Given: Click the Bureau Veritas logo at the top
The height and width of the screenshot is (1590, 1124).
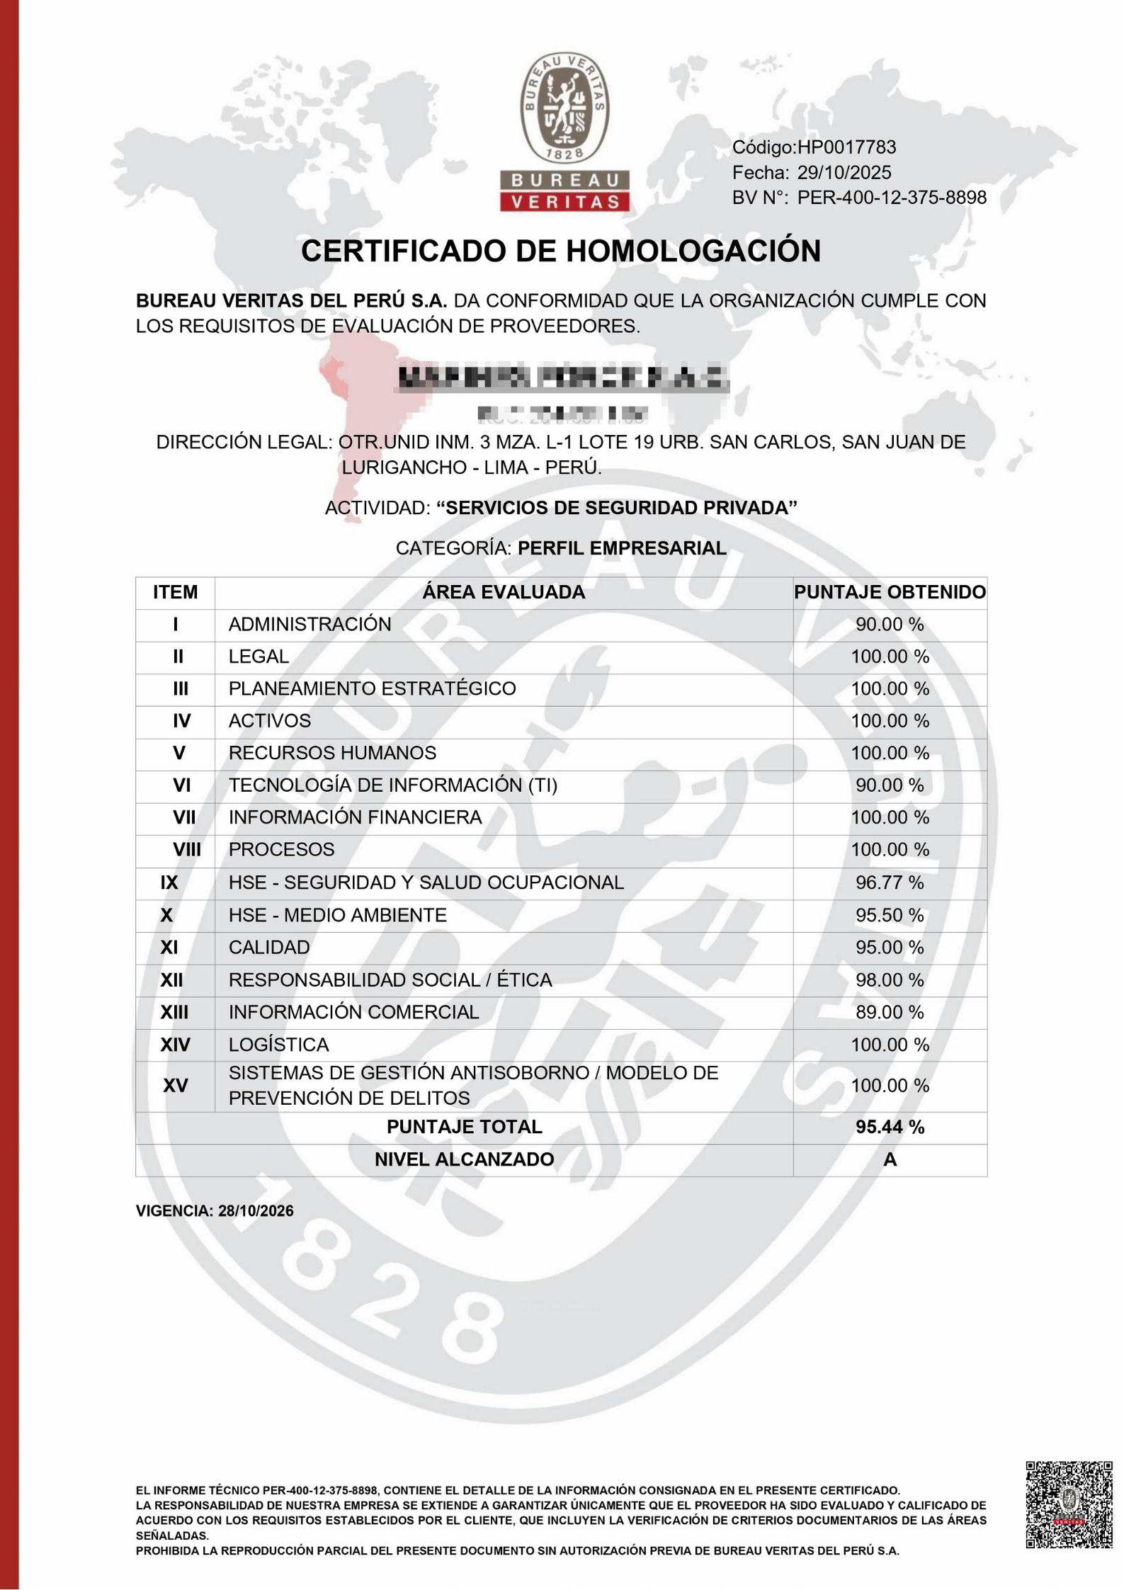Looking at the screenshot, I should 564,132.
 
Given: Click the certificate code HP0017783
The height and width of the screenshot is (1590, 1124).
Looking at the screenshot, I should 846,147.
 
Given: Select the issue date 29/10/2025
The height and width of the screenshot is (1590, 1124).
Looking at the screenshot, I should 844,173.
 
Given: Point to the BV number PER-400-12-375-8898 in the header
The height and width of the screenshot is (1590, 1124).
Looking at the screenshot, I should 892,198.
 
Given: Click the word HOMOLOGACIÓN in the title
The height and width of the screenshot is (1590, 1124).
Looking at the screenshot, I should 693,251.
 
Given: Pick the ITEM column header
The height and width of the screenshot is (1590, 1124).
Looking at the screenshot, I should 175,592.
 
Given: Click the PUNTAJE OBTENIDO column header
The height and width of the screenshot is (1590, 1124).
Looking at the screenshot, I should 890,592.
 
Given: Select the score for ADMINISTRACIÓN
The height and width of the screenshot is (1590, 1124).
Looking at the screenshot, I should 890,625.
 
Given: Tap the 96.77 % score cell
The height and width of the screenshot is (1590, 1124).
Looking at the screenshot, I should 890,882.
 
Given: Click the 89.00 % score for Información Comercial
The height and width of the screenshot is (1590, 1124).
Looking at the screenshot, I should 890,1012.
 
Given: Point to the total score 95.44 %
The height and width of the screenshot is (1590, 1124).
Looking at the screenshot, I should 890,1127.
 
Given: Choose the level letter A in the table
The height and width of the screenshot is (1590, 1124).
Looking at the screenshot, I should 890,1159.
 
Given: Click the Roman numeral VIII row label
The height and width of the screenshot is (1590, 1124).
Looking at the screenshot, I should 187,850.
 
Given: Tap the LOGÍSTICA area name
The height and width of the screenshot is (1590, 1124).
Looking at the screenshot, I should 278,1045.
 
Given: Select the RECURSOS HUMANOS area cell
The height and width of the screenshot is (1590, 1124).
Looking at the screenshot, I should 332,753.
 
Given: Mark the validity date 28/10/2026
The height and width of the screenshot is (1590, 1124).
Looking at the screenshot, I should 256,1211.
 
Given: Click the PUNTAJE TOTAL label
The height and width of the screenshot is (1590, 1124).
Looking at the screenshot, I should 464,1127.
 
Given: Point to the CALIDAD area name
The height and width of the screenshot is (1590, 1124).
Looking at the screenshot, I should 269,948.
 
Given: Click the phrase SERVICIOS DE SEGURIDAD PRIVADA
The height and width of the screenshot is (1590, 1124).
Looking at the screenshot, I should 617,508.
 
